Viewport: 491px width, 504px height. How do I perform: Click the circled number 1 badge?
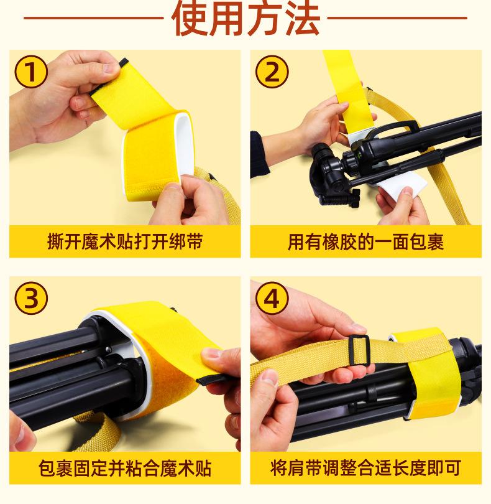(31, 72)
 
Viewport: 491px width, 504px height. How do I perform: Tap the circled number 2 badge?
(272, 72)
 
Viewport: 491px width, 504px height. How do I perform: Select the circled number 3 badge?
(31, 298)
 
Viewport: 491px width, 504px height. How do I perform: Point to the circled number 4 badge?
(272, 298)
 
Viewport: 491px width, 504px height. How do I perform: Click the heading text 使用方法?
(246, 18)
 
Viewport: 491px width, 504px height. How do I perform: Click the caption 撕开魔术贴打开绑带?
(125, 241)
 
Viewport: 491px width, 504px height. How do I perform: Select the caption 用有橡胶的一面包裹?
(365, 241)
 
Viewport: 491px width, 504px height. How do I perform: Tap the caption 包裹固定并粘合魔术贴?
(125, 468)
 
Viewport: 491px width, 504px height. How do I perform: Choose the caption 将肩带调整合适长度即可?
(365, 468)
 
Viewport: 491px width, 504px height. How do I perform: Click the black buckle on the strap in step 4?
(359, 350)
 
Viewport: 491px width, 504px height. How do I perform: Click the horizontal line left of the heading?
(93, 18)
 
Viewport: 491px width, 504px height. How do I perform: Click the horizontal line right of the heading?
(397, 18)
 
